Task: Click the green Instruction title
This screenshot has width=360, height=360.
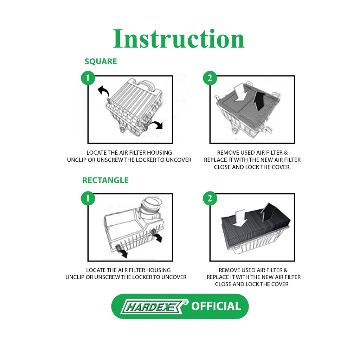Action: point(179,39)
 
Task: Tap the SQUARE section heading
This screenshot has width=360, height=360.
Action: point(101,62)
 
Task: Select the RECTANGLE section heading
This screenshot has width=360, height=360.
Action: point(105,180)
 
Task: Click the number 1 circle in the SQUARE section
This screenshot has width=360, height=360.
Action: point(88,78)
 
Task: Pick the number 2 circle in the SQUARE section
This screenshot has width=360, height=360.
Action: point(210,78)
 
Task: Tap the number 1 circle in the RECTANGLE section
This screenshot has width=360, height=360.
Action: point(88,198)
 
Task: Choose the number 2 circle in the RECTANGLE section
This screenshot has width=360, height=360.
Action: point(210,198)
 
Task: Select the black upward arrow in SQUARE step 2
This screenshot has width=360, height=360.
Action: point(259,100)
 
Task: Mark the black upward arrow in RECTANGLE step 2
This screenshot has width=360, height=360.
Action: point(267,211)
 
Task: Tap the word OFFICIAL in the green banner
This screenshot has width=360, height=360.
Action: point(216,306)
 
